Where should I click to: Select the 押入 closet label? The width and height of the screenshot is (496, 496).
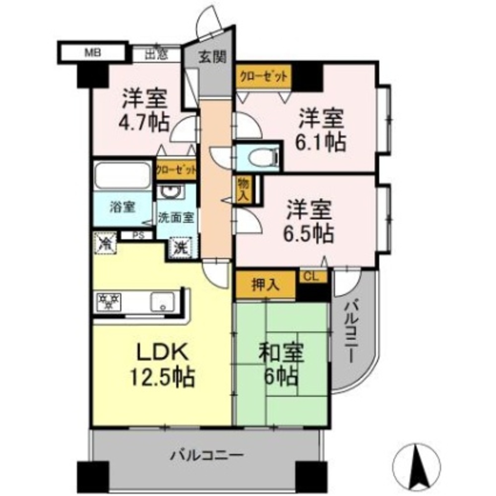pyautogui.click(x=266, y=285)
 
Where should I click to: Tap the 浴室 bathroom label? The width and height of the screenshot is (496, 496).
pyautogui.click(x=123, y=207)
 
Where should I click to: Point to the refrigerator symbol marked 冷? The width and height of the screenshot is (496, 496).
pyautogui.click(x=105, y=243)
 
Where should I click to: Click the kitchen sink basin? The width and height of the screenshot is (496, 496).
pyautogui.click(x=163, y=302)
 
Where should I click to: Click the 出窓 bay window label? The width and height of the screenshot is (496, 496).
pyautogui.click(x=156, y=55)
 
